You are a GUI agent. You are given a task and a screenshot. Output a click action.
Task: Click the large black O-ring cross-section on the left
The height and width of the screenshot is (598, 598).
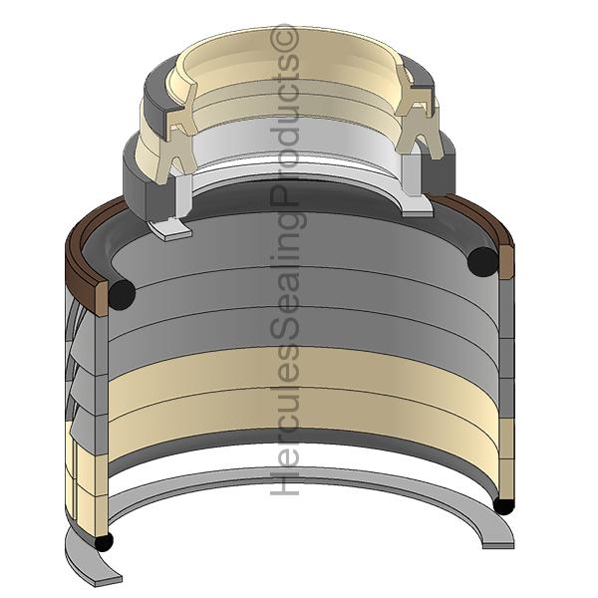(x=122, y=294)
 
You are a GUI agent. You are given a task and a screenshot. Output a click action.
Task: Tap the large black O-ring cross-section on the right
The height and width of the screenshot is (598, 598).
(x=482, y=261)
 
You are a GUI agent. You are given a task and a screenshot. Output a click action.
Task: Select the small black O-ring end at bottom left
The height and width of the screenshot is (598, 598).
(x=104, y=541)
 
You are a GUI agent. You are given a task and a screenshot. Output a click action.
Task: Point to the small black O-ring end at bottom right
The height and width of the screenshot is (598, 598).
(x=504, y=506)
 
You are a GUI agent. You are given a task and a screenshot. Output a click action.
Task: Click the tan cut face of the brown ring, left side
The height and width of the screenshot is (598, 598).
(x=102, y=298)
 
